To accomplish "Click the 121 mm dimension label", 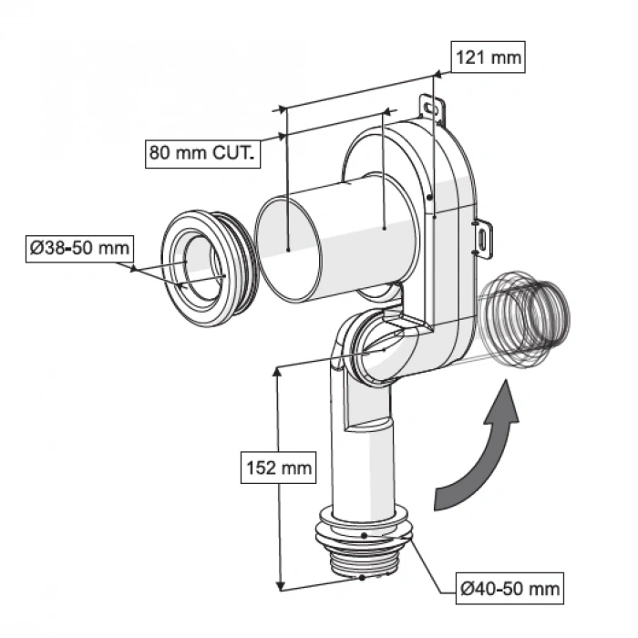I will pos(489,58).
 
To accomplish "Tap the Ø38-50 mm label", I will pos(78,248).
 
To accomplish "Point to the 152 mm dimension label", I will pos(277,469).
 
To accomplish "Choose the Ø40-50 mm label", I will pos(509,588).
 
